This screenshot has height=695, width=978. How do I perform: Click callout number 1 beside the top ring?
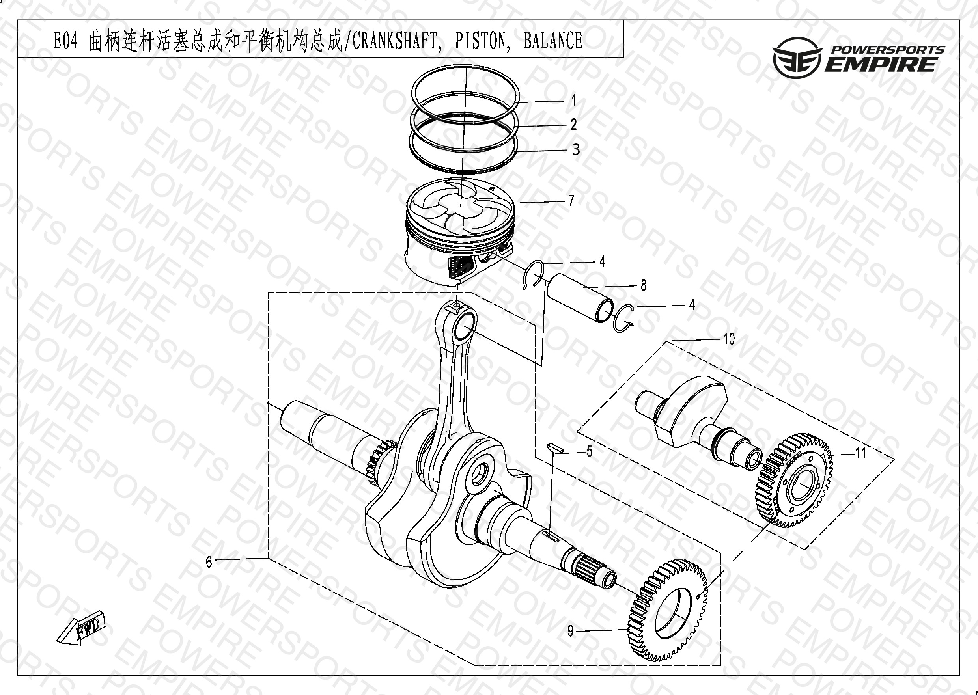tap(573, 101)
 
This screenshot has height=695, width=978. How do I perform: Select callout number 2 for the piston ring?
tap(573, 125)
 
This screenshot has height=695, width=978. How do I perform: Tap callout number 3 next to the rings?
tap(576, 149)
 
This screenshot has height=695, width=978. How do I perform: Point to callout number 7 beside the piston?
tap(571, 200)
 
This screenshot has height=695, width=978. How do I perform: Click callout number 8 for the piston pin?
tap(643, 285)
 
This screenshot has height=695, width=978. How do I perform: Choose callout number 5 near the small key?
tap(590, 451)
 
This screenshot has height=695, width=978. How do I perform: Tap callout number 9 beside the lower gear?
tap(570, 631)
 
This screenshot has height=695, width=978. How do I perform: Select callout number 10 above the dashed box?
tap(729, 339)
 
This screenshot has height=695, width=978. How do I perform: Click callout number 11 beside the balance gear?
tap(861, 453)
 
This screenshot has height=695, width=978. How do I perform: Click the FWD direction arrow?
tap(81, 628)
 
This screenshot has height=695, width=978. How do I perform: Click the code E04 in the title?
tap(65, 41)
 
